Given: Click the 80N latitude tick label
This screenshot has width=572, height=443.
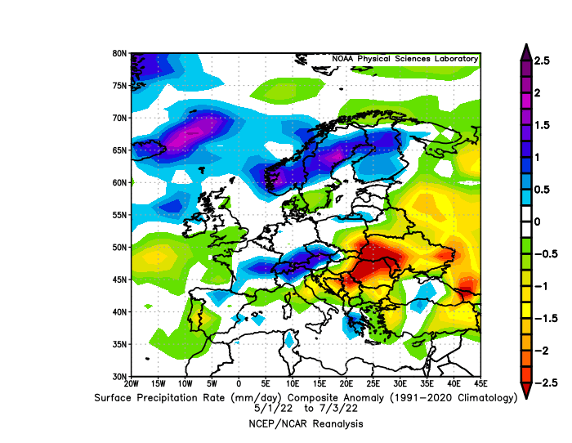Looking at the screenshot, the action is [119, 53].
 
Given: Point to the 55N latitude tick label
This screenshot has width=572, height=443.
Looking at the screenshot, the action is [119, 215].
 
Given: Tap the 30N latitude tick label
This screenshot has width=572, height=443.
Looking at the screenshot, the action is [119, 376].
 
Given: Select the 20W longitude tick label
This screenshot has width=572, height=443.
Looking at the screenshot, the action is [132, 383].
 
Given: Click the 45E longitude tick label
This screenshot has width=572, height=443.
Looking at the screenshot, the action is [480, 383].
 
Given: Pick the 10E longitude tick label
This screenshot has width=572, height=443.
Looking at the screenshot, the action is [293, 383].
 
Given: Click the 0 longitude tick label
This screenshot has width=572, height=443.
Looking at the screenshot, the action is [239, 383].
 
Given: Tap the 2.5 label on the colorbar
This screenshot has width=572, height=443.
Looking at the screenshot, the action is [542, 60].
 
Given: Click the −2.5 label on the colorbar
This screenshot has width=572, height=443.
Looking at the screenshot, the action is [546, 383].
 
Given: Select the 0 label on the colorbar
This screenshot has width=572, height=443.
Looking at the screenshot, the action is [538, 221].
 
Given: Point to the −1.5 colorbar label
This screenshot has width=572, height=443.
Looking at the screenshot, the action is [546, 319].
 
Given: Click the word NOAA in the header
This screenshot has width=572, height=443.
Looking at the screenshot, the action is [342, 59].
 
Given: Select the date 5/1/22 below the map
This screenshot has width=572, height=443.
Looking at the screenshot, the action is [270, 409].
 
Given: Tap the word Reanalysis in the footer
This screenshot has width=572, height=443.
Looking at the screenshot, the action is [337, 424].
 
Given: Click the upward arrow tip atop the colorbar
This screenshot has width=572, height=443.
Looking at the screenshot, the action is [526, 44].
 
